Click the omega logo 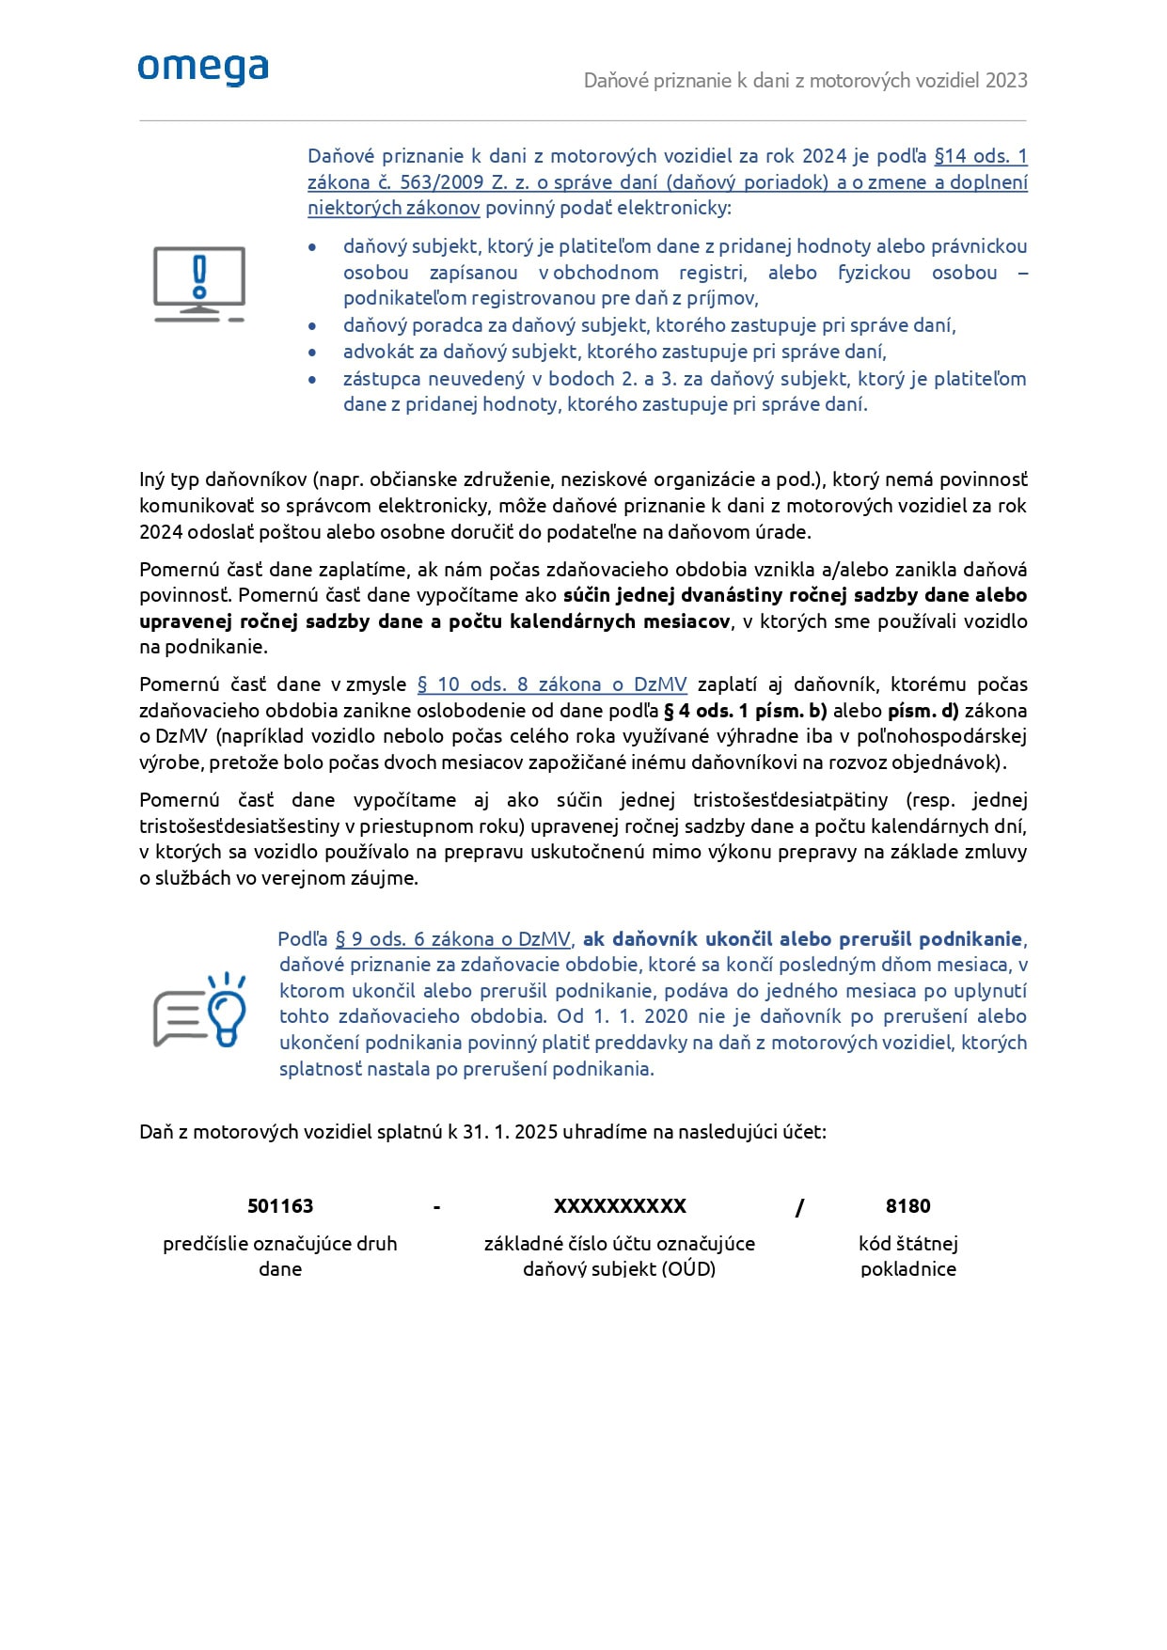203,70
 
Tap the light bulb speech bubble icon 200,1010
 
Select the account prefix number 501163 280,1206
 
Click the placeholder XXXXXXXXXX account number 620,1206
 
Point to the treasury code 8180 907,1206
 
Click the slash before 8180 799,1208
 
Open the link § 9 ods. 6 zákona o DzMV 452,939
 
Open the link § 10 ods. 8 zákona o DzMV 552,684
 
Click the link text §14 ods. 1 980,156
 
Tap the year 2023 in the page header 1006,81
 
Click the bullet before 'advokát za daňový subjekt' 312,353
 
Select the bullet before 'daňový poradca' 312,326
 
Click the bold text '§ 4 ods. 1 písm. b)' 745,711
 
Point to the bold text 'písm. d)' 923,711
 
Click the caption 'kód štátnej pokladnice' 907,1256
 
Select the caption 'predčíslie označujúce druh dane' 280,1256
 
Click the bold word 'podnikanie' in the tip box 970,939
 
